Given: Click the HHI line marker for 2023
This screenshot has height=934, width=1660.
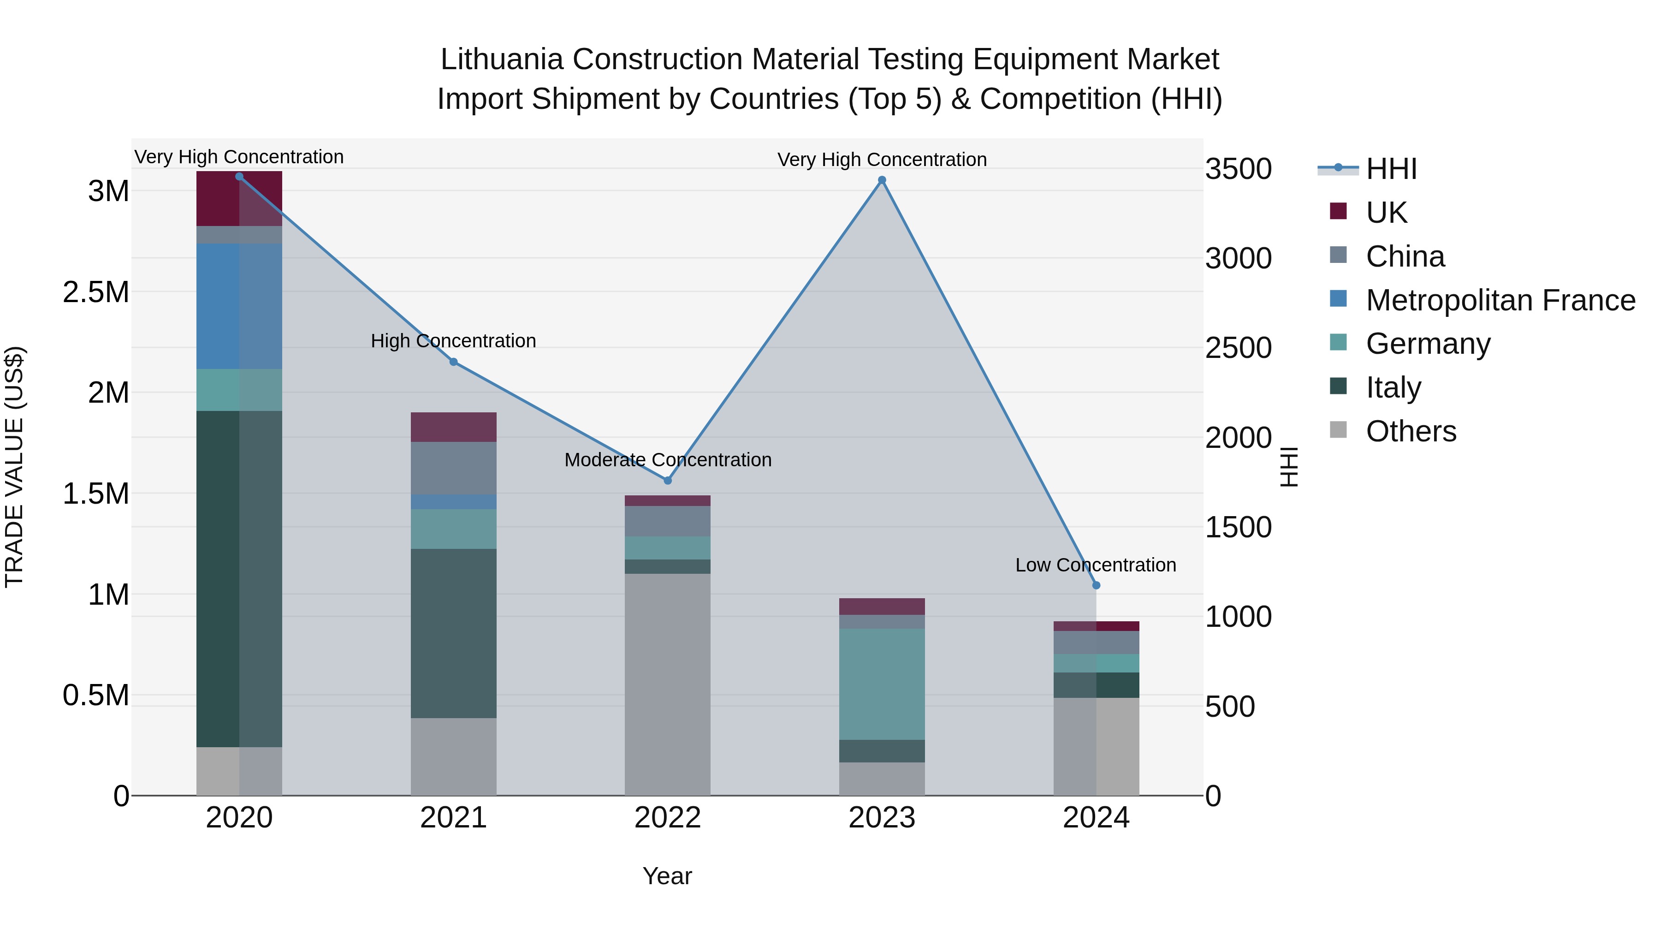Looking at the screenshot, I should point(882,180).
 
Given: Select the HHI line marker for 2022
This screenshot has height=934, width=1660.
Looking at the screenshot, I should point(668,481).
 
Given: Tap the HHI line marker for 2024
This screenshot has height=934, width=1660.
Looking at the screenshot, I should point(1096,585).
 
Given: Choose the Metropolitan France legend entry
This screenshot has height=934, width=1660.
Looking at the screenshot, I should point(1500,300).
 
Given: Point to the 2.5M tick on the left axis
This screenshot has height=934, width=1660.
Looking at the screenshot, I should point(96,292).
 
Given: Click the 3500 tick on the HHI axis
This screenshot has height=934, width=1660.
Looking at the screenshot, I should point(1238,170).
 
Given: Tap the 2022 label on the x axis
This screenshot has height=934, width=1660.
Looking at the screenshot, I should point(668,818).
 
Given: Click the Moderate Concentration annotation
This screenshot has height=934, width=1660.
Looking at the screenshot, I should point(668,460).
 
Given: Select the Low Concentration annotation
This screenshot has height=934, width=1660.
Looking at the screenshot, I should point(1096,565).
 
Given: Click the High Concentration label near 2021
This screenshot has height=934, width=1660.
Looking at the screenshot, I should point(453,341).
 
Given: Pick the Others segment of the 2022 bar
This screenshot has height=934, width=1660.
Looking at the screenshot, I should point(668,684).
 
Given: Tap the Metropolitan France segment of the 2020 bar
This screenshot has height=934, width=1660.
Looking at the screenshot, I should point(239,306).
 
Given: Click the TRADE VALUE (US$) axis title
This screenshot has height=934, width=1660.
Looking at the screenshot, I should point(14,467).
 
